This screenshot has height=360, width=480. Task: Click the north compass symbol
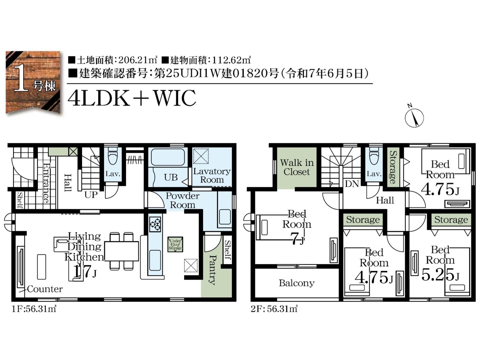tap(414, 117)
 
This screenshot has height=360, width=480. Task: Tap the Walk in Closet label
tap(297, 167)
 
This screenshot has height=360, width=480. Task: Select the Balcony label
tap(297, 283)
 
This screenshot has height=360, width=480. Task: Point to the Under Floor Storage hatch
tap(175, 244)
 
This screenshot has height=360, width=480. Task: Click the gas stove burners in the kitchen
tap(155, 225)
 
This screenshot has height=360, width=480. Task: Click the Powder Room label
tap(182, 200)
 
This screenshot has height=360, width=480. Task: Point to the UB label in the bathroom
tap(171, 177)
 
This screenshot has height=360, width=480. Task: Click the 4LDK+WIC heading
tap(132, 97)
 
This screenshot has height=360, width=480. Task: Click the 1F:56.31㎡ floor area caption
tap(34, 309)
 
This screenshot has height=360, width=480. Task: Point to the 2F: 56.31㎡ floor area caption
tap(274, 309)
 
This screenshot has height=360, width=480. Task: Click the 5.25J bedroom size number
tap(440, 275)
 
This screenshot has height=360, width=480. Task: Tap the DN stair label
tap(352, 184)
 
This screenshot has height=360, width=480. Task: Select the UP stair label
tap(91, 195)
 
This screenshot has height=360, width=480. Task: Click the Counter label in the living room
tap(45, 289)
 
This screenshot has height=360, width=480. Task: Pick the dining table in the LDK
tap(121, 251)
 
